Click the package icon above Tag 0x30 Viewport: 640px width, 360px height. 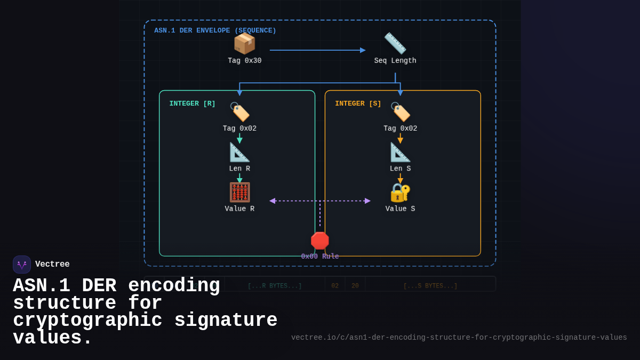click(244, 43)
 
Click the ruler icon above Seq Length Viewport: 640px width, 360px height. click(395, 43)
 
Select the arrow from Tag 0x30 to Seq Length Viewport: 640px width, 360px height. click(317, 50)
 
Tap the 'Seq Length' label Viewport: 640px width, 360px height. click(395, 61)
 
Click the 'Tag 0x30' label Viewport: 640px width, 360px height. click(245, 61)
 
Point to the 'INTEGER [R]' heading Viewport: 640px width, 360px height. click(193, 103)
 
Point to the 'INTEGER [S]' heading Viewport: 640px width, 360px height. click(358, 103)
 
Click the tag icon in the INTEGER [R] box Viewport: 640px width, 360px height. click(239, 112)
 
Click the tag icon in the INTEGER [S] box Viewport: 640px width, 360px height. click(400, 112)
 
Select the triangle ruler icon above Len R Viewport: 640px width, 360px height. click(239, 152)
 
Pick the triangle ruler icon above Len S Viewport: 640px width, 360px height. click(400, 152)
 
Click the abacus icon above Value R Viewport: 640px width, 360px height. click(239, 193)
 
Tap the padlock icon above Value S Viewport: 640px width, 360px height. click(400, 193)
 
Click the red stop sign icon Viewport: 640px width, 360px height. click(320, 241)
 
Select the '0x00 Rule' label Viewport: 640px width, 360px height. click(320, 257)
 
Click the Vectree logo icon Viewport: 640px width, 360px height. click(22, 265)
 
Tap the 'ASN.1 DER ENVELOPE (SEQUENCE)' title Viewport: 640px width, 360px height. click(215, 30)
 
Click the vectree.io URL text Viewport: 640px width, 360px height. click(459, 338)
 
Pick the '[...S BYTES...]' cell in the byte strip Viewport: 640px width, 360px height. click(430, 286)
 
